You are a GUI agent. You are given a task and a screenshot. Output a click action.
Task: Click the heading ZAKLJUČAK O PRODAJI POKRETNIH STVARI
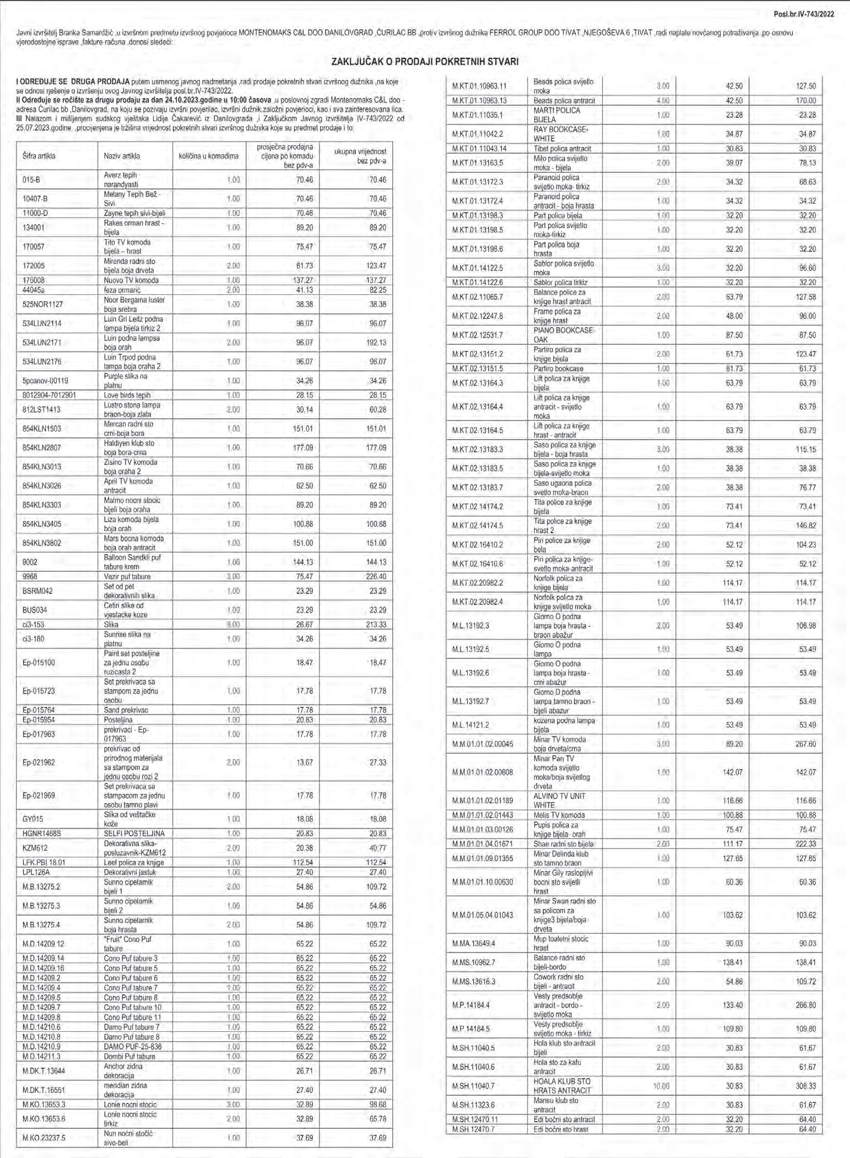click(x=425, y=62)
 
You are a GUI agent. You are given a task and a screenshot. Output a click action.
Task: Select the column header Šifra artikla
click(x=39, y=156)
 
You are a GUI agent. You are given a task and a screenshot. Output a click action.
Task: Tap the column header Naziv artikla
click(x=122, y=156)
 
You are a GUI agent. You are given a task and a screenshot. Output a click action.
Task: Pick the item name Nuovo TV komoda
click(x=131, y=280)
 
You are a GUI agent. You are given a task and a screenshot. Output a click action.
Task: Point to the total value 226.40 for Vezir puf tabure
click(x=376, y=576)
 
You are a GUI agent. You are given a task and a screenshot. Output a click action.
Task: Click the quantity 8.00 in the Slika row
click(x=232, y=624)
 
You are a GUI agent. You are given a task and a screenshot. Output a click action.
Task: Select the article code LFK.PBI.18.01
click(x=44, y=862)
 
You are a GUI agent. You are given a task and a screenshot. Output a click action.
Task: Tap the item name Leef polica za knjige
click(x=134, y=862)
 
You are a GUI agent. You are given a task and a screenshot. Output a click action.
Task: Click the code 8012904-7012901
click(x=49, y=395)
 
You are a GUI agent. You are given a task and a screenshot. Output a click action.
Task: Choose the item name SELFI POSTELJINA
click(x=134, y=834)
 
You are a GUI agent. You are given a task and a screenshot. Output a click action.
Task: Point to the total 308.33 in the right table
click(x=805, y=1086)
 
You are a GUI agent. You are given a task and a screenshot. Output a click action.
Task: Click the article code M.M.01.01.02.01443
click(x=483, y=815)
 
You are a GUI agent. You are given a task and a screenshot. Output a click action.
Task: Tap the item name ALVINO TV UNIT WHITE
click(x=560, y=800)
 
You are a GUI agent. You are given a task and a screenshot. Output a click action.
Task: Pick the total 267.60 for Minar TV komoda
click(x=805, y=744)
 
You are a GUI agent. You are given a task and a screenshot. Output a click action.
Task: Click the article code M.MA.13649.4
click(x=474, y=943)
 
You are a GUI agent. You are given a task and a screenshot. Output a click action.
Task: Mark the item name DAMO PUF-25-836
click(x=133, y=1047)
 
